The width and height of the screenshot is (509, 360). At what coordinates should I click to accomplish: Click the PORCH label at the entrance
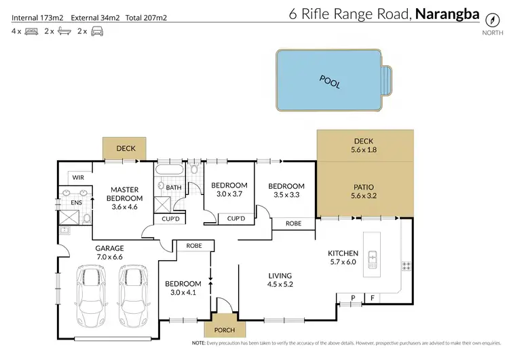[x=224, y=330]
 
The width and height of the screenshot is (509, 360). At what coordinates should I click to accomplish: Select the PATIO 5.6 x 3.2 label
[x=364, y=192]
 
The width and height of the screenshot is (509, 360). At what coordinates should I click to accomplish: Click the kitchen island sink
[x=372, y=258]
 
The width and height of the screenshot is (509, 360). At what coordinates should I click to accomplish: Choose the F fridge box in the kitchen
[x=373, y=297]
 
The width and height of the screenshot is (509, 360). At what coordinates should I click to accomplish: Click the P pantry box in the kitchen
[x=353, y=297]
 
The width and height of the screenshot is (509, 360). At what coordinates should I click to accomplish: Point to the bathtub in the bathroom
[x=170, y=170]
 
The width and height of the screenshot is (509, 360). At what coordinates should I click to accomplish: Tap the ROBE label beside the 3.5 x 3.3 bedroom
[x=294, y=223]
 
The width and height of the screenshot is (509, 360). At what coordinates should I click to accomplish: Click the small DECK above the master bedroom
[x=126, y=148]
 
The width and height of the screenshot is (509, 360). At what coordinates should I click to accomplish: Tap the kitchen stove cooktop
[x=407, y=265]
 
